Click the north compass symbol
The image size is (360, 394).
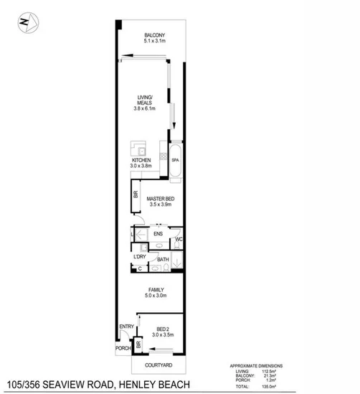(x=26, y=23)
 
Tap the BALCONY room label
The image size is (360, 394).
(x=155, y=35)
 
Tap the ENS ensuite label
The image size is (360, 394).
(x=158, y=233)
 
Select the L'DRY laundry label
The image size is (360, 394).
(x=140, y=257)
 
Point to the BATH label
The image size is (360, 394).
(x=164, y=260)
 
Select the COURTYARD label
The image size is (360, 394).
(x=154, y=364)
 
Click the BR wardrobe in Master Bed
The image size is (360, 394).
(x=135, y=194)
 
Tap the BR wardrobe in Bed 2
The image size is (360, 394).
(x=139, y=344)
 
